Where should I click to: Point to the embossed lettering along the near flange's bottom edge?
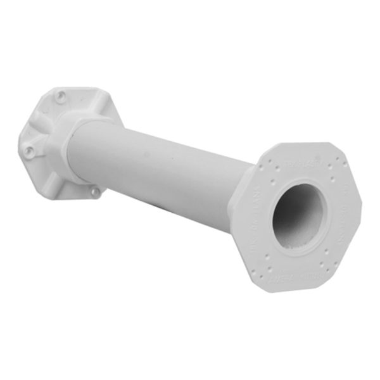pos(310,276)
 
